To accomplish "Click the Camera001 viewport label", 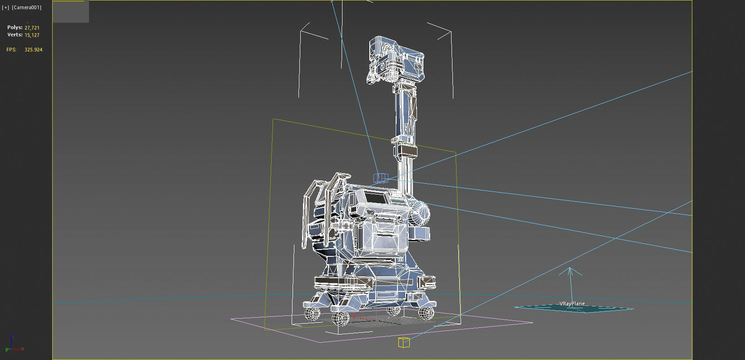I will point(26,7).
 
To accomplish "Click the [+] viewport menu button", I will point(5,7).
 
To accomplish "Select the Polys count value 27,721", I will point(32,28).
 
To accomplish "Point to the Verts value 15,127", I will point(32,35).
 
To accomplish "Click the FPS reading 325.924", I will point(33,50).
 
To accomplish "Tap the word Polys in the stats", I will point(15,27).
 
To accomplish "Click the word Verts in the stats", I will point(15,35).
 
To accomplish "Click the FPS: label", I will point(11,50).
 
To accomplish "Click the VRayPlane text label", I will point(572,304).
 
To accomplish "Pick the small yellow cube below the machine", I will point(404,342).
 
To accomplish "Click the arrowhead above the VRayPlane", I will point(571,271).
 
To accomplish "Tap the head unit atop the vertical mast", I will point(395,61).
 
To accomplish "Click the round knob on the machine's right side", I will point(421,213).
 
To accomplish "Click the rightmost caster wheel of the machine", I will point(426,312).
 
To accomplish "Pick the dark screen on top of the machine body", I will point(374,198).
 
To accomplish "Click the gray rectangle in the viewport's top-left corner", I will point(71,12).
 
